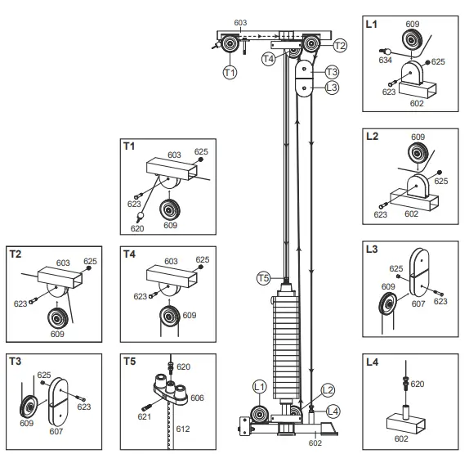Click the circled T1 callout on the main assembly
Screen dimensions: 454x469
pos(230,73)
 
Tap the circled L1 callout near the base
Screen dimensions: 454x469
pos(260,385)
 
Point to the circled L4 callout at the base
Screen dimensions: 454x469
pos(333,410)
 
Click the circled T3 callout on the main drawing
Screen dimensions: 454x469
pos(332,72)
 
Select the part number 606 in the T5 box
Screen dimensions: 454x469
pos(199,397)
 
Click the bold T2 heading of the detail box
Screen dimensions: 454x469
pos(16,253)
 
